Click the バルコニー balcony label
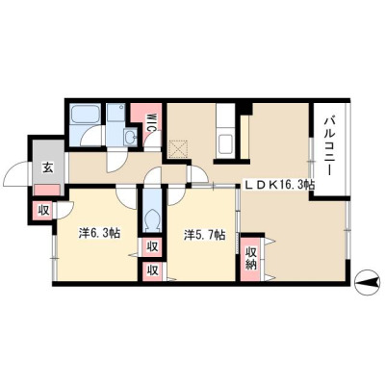[x=329, y=146]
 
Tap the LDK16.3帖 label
[x=279, y=185]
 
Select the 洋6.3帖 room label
[x=99, y=233]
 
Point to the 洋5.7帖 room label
[x=204, y=235]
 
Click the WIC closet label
[x=150, y=122]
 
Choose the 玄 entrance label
[x=48, y=167]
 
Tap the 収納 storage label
[x=251, y=258]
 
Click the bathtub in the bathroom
[x=84, y=115]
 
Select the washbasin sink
[x=131, y=139]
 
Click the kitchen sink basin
[x=225, y=142]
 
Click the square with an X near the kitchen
[x=178, y=149]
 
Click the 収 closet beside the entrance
[x=43, y=210]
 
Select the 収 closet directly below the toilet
[x=152, y=246]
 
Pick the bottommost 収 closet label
[x=152, y=270]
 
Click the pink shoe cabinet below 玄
[x=47, y=190]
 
